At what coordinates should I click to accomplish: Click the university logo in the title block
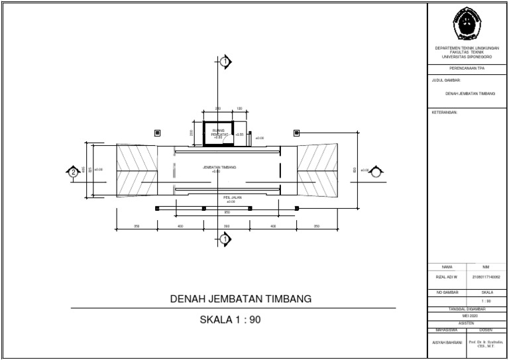tap(467, 25)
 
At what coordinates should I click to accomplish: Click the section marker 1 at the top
tap(225, 62)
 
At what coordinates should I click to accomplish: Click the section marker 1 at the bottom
tap(225, 239)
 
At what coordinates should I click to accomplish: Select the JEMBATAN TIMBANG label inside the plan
tap(219, 168)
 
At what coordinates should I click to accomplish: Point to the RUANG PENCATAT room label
tap(219, 133)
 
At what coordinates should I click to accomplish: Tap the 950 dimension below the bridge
tap(227, 212)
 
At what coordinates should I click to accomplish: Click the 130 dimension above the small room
tap(239, 109)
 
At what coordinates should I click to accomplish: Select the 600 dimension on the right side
tap(355, 168)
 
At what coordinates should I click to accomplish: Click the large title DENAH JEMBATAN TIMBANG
tap(240, 300)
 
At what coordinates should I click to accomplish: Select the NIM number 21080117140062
tap(486, 278)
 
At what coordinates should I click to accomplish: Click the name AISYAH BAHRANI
tap(447, 343)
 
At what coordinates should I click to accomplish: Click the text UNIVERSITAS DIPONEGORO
tap(467, 58)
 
